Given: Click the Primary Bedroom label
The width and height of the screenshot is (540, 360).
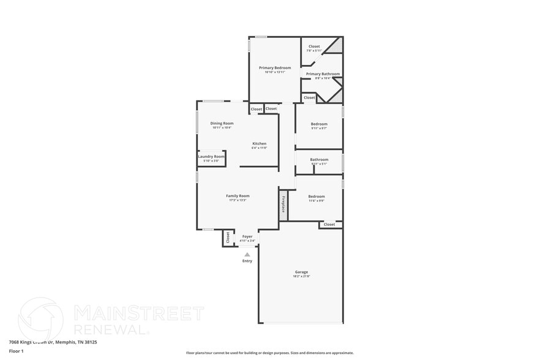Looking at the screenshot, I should click(274, 67).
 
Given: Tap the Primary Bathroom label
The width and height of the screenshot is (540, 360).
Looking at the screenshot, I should click(323, 73).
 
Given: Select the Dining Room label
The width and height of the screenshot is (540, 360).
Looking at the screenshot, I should click(222, 123).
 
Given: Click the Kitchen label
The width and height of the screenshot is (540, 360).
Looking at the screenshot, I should click(259, 143).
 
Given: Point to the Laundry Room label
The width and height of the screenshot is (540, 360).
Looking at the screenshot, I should click(211, 156).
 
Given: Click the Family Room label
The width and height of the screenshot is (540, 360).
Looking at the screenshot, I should click(238, 195).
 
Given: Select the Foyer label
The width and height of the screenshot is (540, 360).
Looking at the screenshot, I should click(247, 236).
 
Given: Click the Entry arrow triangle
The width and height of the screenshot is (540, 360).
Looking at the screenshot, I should click(247, 254).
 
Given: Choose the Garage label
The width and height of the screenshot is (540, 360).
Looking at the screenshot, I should click(301, 272).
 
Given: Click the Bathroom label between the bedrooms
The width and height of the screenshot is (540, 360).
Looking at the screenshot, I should click(319, 160).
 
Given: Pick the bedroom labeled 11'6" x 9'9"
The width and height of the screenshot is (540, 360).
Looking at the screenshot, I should click(317, 197).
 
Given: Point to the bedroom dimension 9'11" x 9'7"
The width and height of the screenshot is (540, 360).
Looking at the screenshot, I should click(319, 128).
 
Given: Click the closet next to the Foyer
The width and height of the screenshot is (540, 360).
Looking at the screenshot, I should click(227, 238).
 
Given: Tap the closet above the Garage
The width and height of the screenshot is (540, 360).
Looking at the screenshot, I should click(329, 225).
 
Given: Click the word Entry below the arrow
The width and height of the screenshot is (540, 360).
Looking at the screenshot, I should click(247, 261).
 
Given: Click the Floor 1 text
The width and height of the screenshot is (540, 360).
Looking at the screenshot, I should click(16, 351).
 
